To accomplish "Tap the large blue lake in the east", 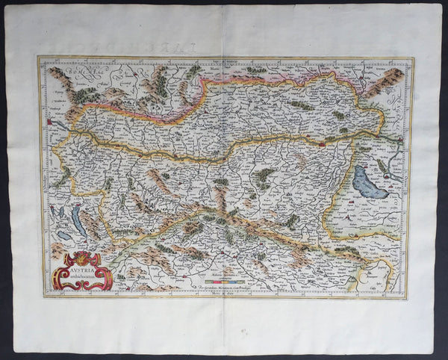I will click(x=370, y=182).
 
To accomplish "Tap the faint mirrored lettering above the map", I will click(x=224, y=46).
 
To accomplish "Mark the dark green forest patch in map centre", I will click(x=262, y=177).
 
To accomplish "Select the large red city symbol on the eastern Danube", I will click(x=321, y=142).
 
